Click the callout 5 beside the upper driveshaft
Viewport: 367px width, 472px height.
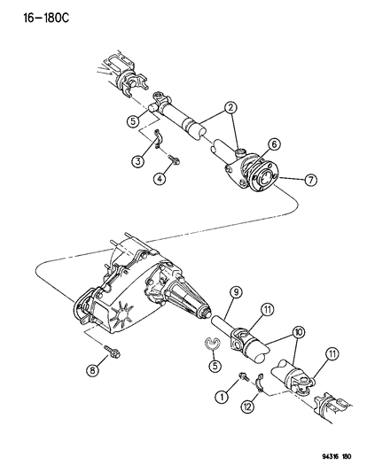(130, 120)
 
